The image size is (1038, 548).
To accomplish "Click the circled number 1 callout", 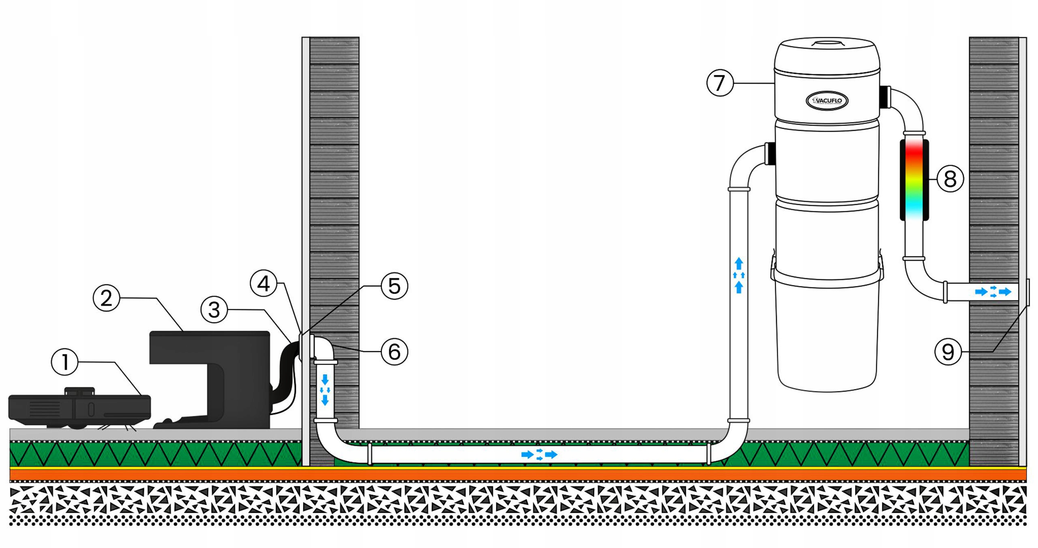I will tap(65, 361).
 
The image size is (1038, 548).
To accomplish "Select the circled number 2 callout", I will tap(106, 298).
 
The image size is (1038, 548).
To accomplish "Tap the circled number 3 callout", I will tap(214, 310).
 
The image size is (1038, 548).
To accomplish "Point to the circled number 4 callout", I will tap(264, 283).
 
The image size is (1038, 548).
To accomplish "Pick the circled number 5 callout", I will tap(394, 286).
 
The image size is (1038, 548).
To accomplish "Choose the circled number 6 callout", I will tap(394, 351).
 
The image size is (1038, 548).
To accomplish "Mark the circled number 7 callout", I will tap(720, 83).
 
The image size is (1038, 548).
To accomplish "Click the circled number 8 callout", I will tap(950, 179).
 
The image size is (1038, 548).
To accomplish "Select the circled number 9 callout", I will tap(948, 352).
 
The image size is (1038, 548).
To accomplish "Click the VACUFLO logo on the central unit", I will tap(827, 100).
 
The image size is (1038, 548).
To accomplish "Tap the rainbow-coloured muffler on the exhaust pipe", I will tap(914, 179).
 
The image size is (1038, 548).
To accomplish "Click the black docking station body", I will tap(209, 365).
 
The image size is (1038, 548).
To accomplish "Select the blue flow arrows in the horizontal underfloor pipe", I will tap(539, 454).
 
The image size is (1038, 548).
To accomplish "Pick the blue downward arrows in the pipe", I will tap(325, 390).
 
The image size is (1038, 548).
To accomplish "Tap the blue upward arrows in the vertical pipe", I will tap(739, 275).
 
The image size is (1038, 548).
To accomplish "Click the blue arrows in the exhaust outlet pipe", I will tap(993, 292).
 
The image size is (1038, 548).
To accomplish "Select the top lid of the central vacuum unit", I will tap(827, 55).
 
